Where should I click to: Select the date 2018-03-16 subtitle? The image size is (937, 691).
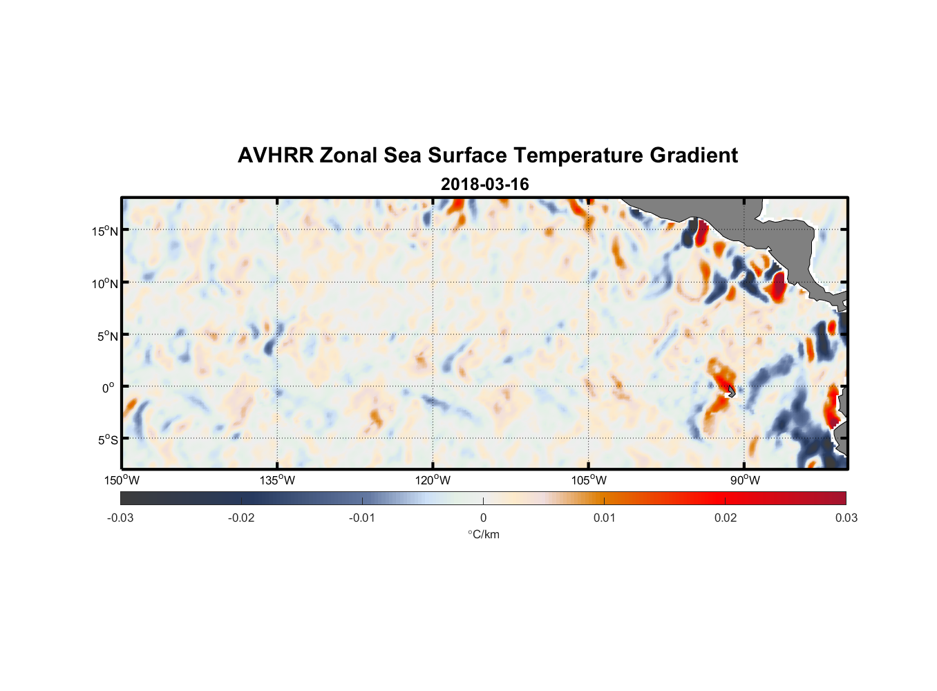coord(484,184)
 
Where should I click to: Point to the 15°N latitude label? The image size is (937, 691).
coord(105,231)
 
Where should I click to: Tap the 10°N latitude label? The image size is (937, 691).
coord(105,283)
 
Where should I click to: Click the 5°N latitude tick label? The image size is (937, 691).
coord(107,336)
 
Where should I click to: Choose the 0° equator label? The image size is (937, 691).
coord(108,388)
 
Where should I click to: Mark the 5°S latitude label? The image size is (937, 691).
coord(107,440)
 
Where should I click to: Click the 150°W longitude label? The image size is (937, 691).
coord(122,480)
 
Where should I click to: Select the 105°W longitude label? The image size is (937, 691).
coord(589,480)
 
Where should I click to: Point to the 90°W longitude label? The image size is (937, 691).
coord(744,480)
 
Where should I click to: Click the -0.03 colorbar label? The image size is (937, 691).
coord(120,518)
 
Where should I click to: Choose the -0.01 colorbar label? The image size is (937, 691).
coord(362,518)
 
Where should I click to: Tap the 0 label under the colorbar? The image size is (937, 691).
coord(483,518)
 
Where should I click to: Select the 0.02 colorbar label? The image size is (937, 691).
coord(726,518)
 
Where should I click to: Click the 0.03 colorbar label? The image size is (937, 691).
coord(846,518)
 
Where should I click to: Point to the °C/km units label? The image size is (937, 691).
coord(483,534)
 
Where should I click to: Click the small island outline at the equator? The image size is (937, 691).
coord(731,391)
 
